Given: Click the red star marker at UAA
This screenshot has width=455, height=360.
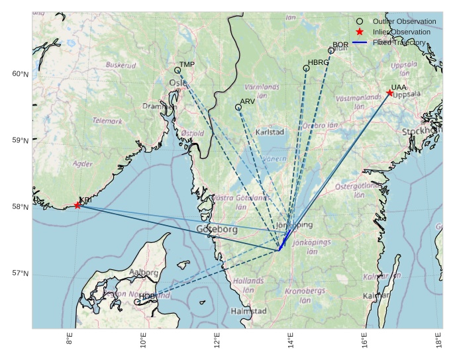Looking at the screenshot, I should pos(389,93).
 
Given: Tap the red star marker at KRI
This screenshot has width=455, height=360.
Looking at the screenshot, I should pos(77,205).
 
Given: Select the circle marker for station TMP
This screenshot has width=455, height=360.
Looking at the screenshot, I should pos(177,70).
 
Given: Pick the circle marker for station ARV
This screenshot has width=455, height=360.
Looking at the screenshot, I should pos(238,107).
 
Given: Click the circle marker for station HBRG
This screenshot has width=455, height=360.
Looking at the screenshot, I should pos(307,68).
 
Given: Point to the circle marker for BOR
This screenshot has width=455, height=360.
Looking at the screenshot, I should pos(331,51).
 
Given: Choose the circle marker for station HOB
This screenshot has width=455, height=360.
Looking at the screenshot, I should pos(137,302).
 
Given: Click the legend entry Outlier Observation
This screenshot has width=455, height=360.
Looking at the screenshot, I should pos(404,21).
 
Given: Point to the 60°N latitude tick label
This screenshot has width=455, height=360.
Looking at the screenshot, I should pos(21,74).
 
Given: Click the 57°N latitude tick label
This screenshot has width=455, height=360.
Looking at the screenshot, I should pos(21,273).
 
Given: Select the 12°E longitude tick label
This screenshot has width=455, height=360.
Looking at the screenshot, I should pos(217,341).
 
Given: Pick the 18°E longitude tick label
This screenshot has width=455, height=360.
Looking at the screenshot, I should pos(439,341).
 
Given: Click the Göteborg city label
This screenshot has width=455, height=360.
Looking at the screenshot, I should pos(217,229).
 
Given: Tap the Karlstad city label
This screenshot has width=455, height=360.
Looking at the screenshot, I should pos(270,132).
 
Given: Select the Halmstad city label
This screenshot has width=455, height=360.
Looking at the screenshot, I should pos(248,311).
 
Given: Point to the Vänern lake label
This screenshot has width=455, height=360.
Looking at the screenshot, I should pos(274,159).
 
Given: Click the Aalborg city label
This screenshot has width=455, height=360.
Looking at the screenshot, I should pos(144,273).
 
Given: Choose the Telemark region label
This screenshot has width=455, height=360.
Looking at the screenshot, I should pos(107,121).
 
